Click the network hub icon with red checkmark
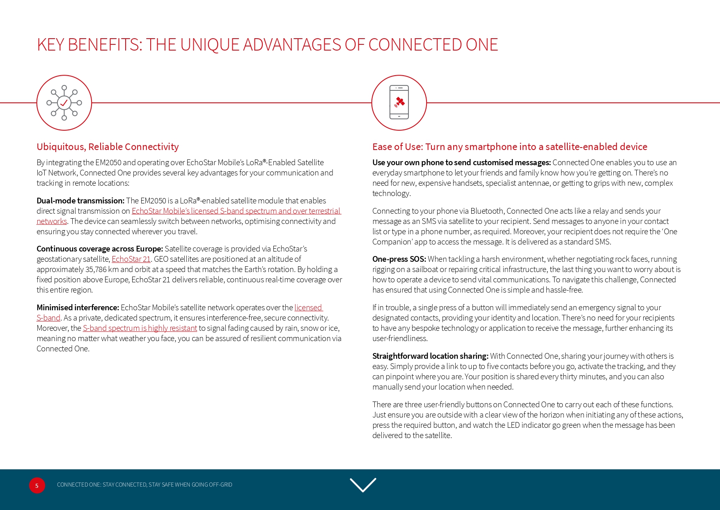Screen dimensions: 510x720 click(64, 103)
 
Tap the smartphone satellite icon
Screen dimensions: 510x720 click(399, 103)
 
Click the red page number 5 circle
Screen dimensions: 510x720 click(37, 485)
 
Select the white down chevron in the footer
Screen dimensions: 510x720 click(363, 485)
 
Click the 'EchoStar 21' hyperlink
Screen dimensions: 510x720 click(131, 259)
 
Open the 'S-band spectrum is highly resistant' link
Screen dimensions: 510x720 click(140, 328)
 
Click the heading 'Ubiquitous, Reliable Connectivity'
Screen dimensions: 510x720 click(108, 147)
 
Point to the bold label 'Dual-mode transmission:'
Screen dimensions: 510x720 click(80, 201)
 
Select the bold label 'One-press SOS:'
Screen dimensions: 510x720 click(399, 259)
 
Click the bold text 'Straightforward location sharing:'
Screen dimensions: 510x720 click(430, 356)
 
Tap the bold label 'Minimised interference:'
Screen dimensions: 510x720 click(78, 307)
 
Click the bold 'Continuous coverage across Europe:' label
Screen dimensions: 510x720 click(100, 249)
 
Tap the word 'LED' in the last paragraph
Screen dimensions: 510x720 click(513, 425)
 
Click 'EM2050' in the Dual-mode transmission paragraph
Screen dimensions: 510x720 click(153, 201)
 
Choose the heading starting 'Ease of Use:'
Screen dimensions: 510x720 click(509, 147)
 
